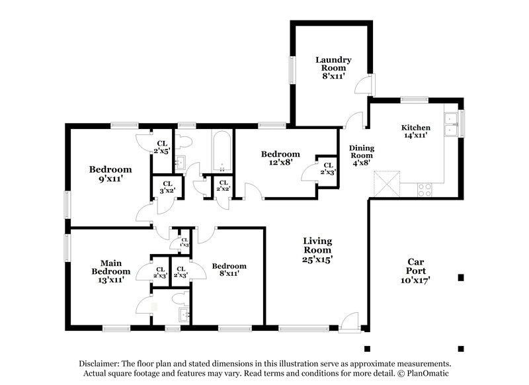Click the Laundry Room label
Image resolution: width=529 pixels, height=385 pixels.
click(x=333, y=67)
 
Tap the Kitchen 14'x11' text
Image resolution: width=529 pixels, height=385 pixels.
click(x=416, y=131)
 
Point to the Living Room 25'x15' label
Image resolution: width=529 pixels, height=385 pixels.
click(x=317, y=250)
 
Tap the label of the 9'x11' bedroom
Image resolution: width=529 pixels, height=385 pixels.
click(x=110, y=173)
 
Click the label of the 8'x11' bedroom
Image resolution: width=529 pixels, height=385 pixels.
click(x=229, y=269)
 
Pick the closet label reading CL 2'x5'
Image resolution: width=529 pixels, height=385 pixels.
click(x=162, y=147)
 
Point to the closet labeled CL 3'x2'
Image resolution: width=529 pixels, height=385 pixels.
click(x=167, y=187)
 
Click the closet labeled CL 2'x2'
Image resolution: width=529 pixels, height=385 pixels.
click(x=223, y=186)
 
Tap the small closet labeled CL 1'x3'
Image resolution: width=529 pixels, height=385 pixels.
click(x=184, y=242)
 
